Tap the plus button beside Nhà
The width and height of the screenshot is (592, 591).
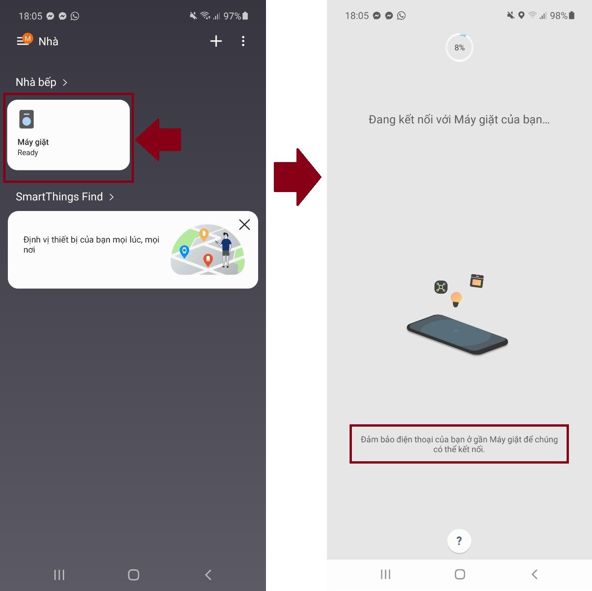[x=216, y=41]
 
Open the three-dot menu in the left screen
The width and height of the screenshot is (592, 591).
[x=243, y=41]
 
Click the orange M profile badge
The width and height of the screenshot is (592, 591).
[x=27, y=39]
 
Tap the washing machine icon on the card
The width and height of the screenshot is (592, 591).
[x=26, y=119]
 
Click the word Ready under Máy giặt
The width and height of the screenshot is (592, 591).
[x=28, y=153]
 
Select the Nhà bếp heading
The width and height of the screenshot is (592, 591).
[x=36, y=82]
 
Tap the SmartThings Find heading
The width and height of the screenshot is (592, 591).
[x=59, y=197]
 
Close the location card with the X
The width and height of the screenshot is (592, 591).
[x=245, y=224]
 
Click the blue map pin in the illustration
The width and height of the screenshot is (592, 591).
[x=184, y=252]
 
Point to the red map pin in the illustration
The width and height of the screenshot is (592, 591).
[x=208, y=260]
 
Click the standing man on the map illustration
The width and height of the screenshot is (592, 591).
[x=226, y=249]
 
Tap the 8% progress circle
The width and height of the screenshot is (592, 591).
[x=459, y=48]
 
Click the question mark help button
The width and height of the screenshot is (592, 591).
[x=459, y=541]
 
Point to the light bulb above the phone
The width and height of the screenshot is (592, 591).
[x=456, y=299]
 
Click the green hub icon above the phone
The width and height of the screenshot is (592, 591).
[x=441, y=287]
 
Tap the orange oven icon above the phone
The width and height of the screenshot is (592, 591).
[x=477, y=281]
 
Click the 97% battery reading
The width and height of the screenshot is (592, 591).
[x=232, y=16]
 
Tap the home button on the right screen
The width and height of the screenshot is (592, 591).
[x=459, y=574]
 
